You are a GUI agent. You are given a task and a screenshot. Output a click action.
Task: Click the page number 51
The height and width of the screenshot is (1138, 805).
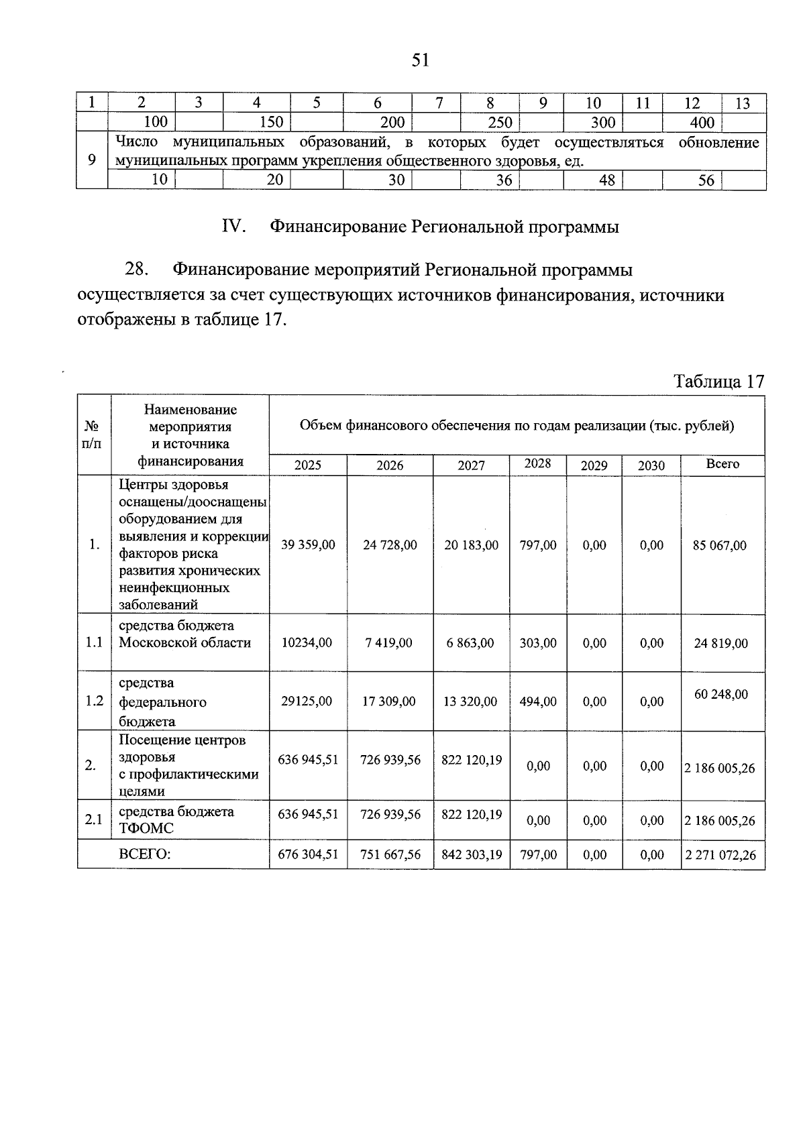(420, 60)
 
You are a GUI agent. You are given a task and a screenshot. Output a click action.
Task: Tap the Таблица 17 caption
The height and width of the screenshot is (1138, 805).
(718, 382)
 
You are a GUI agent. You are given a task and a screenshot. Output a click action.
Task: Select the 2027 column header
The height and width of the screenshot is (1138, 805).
(471, 465)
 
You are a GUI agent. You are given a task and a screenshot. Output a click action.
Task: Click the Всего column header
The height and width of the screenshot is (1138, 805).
(722, 464)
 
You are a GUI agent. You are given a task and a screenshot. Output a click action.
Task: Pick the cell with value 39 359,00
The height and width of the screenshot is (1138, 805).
(308, 545)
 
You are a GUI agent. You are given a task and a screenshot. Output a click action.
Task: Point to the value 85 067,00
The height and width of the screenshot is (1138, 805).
(719, 546)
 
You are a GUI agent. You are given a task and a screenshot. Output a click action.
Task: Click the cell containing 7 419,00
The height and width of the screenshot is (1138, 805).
(389, 643)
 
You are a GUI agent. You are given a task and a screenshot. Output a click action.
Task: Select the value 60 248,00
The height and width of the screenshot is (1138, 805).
(720, 695)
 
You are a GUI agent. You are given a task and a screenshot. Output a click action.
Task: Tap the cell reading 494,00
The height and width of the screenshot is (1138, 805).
(538, 701)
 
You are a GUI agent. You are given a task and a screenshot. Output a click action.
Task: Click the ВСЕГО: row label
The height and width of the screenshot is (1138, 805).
(144, 855)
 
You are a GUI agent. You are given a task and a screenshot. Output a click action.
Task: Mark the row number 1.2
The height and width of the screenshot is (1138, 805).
(94, 701)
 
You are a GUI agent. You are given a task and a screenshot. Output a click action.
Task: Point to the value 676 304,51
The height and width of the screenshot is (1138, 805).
(308, 855)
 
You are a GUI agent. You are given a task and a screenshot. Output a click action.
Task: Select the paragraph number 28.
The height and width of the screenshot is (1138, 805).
(136, 270)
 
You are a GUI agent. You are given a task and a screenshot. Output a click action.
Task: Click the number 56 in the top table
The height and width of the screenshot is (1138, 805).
(706, 180)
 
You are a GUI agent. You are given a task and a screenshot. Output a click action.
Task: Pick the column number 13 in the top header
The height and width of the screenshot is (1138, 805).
(743, 103)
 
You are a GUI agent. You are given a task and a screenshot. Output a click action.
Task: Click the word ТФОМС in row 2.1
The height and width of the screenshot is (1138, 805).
(146, 829)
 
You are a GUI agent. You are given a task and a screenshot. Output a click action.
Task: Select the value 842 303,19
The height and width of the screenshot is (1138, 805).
(472, 855)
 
